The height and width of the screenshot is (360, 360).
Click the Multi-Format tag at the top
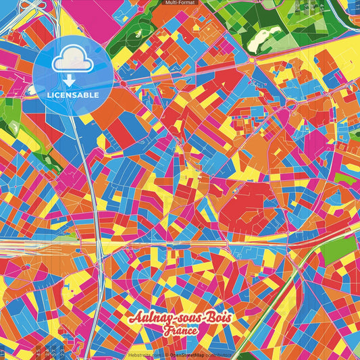[x=180, y=3]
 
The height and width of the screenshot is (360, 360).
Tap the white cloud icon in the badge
[x=72, y=61]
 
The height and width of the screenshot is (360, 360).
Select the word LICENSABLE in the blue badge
[x=72, y=95]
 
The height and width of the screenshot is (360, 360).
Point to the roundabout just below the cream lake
[x=251, y=60]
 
